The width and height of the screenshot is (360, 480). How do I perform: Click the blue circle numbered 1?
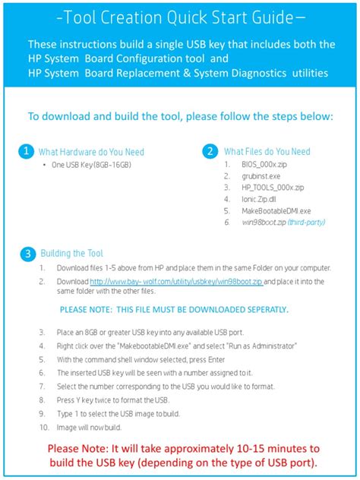pos(27,151)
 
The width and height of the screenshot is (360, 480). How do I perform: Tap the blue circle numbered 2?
pos(210,151)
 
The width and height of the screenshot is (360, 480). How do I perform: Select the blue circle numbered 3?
pos(28,254)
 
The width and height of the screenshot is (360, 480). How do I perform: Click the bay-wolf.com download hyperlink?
pos(177,281)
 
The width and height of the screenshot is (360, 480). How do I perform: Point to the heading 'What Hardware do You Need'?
pos(91,152)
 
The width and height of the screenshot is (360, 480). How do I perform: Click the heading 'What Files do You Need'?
pos(267,152)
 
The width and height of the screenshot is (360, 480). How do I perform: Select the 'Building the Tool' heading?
pos(72,254)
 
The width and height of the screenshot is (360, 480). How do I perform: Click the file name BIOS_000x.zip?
pos(264,165)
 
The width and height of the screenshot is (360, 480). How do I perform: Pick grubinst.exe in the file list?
pos(261,176)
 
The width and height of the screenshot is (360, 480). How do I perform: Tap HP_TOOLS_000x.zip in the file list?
pos(273,188)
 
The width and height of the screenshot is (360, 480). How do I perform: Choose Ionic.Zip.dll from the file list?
pos(259,199)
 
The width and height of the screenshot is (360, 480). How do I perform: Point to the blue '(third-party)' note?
pos(306,223)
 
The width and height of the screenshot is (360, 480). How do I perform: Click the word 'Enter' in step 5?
pos(216,360)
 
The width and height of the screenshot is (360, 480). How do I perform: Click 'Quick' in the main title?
pos(189,18)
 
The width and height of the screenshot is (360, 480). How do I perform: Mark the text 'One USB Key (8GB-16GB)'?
pos(91,166)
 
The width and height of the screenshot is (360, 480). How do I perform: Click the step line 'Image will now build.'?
pos(89,428)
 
